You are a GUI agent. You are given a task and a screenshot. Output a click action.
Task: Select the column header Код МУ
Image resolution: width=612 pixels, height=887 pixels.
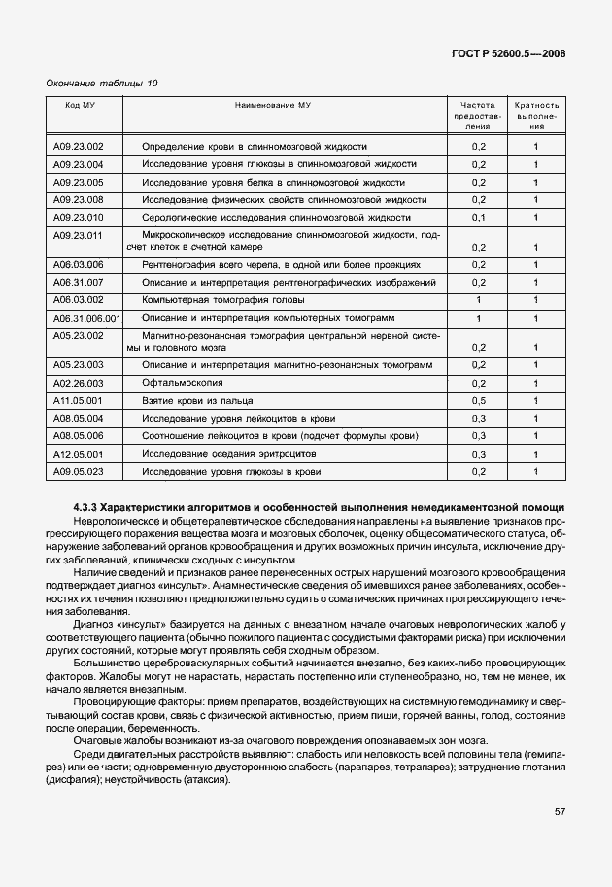click(80, 103)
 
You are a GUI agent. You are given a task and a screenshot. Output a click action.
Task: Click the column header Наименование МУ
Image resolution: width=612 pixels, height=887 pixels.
click(273, 103)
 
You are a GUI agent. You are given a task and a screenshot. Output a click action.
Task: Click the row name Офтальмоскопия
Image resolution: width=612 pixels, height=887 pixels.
click(181, 383)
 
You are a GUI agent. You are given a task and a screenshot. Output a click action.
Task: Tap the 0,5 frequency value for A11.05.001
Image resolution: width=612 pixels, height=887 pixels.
click(478, 400)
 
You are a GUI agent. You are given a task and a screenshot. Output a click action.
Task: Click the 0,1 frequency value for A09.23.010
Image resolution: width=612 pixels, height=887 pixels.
click(478, 217)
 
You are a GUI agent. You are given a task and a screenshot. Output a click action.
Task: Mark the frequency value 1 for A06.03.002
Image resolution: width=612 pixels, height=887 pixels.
click(478, 300)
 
